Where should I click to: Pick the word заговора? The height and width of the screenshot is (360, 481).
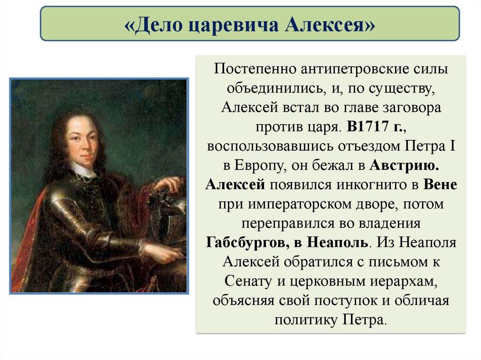(x=411, y=108)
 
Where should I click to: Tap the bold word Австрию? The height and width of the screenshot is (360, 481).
(x=404, y=166)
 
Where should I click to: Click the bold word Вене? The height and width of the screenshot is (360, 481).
(x=440, y=184)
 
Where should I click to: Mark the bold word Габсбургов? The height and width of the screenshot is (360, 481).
(x=248, y=242)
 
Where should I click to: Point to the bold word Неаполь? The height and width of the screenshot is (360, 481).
(x=337, y=242)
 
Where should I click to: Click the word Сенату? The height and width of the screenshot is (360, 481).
(x=248, y=281)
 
